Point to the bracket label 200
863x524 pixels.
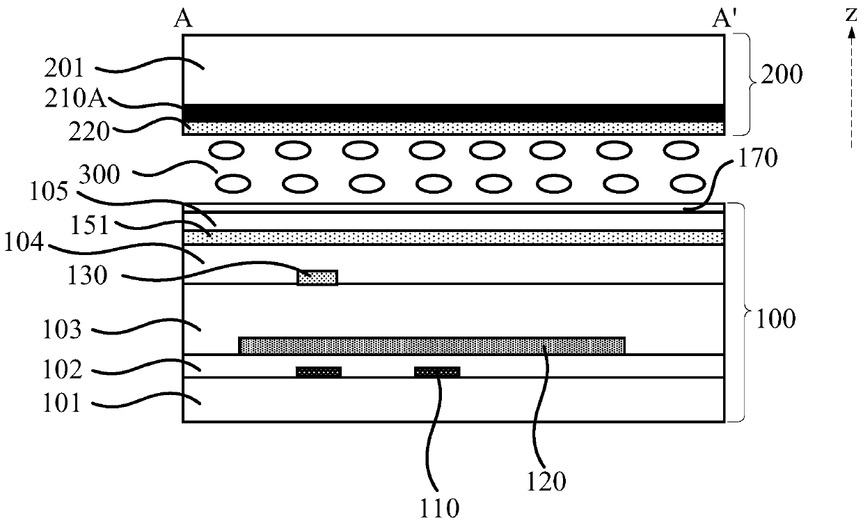[x=782, y=74]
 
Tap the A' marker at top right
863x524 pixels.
[x=720, y=20]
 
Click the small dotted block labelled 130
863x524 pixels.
[x=317, y=277]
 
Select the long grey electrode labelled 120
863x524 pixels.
[x=431, y=345]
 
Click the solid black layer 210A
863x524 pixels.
[x=452, y=113]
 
